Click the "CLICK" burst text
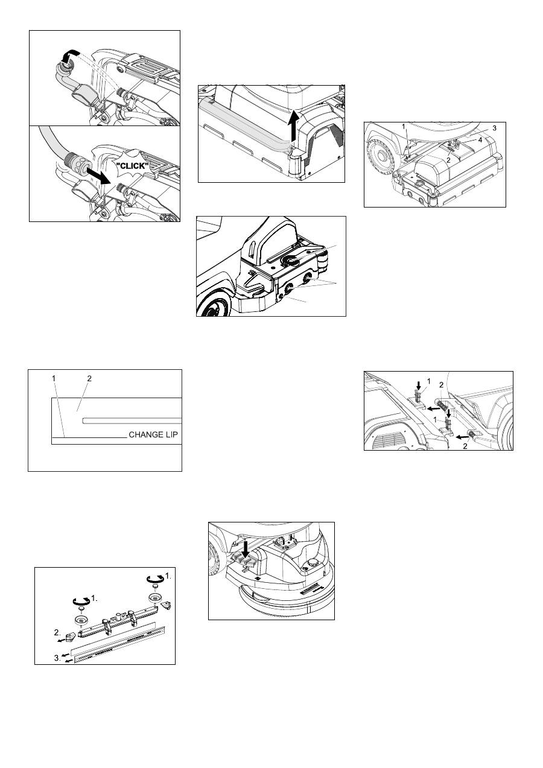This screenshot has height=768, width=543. [x=132, y=167]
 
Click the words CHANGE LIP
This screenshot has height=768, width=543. [x=153, y=435]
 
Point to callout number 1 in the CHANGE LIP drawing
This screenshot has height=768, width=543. [x=54, y=378]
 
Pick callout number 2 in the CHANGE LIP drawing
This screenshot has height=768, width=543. [x=89, y=378]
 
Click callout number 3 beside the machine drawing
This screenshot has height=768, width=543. [x=494, y=129]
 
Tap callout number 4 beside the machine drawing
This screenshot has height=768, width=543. [x=480, y=140]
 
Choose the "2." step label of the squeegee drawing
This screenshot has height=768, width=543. [x=57, y=632]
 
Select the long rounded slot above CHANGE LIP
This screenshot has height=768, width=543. [x=132, y=420]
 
